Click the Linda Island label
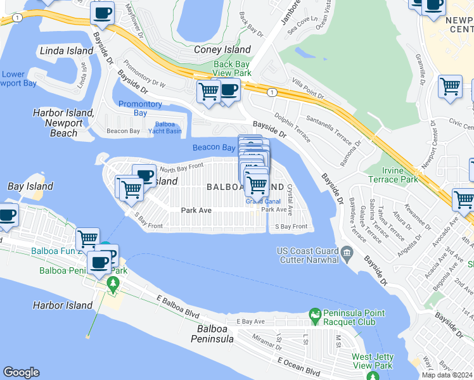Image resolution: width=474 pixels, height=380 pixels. click(x=61, y=50)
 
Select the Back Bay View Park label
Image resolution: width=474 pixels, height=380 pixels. click(x=233, y=68)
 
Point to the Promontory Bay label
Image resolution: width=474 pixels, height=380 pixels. click(x=140, y=108)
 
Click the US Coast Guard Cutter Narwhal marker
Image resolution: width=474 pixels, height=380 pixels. click(x=347, y=254)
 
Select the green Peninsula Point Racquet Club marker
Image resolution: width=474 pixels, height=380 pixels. click(x=314, y=314)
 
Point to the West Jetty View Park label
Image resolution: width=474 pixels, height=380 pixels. click(x=373, y=361)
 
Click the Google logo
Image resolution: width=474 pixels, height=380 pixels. click(x=22, y=372)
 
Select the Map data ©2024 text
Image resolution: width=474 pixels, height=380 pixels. click(x=447, y=375)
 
